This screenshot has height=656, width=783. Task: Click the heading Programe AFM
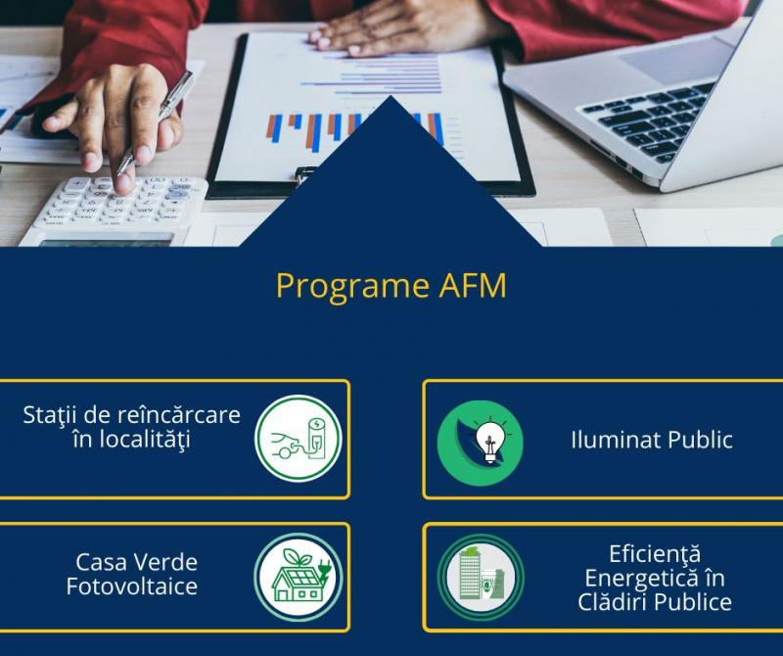pos(391,285)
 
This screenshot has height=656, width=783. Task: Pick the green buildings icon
pos(481,578)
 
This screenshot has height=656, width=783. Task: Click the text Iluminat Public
pos(651,440)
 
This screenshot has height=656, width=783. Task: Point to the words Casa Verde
pos(136,563)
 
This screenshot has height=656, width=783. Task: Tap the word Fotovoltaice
pos(132,587)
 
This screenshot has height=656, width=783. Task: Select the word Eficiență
pos(654,554)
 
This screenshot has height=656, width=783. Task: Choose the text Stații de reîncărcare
pos(132,414)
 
